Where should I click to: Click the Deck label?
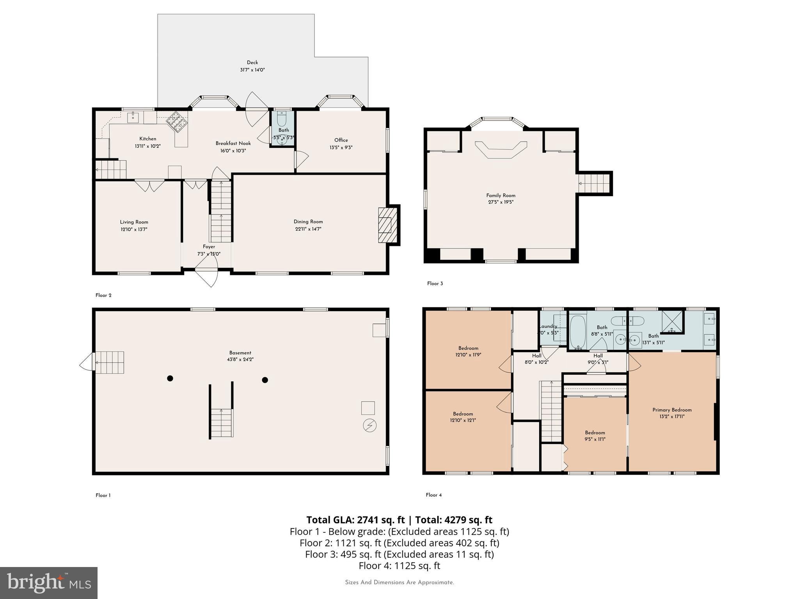pos(252,62)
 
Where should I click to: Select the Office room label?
pos(341,140)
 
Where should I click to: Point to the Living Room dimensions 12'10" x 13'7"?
pos(134,230)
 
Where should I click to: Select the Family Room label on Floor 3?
pos(501,195)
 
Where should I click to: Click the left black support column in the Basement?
pos(170,378)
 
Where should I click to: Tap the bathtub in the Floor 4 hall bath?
pos(578,332)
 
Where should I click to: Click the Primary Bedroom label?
pos(672,410)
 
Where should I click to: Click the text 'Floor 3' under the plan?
pos(435,284)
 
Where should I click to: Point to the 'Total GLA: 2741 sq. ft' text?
pos(355,520)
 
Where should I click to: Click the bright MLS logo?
pos(48,583)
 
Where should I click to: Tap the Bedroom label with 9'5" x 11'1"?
pos(595,432)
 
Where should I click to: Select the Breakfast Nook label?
pos(233,144)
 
